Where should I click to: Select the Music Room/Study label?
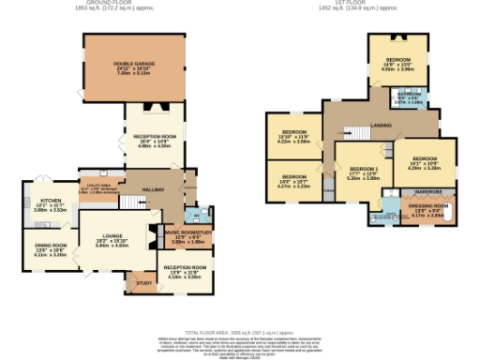click(190, 232)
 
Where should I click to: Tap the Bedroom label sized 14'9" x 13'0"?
click(398, 58)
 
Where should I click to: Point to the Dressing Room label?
click(426, 206)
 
